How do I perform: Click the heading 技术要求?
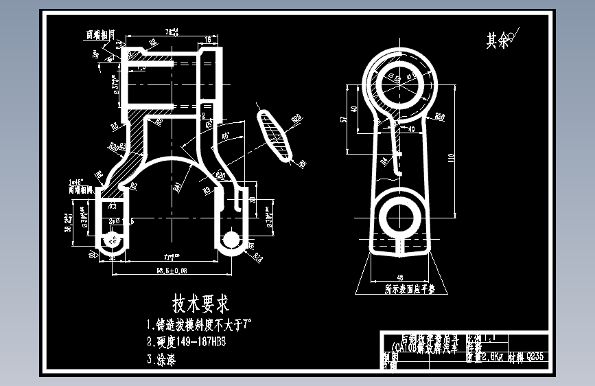200,303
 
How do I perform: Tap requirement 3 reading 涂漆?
161,359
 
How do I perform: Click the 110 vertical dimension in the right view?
450,157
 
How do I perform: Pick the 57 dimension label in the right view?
345,119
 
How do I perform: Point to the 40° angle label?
226,135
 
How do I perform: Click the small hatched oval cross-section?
276,136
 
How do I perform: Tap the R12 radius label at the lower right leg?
259,258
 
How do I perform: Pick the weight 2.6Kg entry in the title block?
485,356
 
